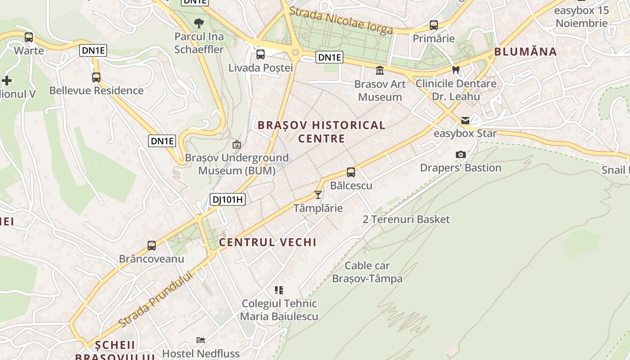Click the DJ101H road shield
[x=228, y=199]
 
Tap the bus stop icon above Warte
[x=29, y=37]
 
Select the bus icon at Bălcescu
[x=351, y=172]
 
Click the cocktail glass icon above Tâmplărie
[x=318, y=195]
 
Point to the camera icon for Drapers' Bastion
[x=460, y=155]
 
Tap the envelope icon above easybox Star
[x=465, y=121]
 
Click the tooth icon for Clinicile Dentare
[x=456, y=70]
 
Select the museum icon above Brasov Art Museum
[x=379, y=71]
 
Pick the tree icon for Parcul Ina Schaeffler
[x=198, y=23]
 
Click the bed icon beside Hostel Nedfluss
[x=201, y=340]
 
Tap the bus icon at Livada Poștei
[x=261, y=55]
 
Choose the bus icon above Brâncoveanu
[x=152, y=246]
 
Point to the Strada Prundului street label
[x=156, y=299]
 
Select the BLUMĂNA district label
[x=526, y=51]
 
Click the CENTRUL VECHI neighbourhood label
[x=268, y=242]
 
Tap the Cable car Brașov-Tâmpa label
[x=367, y=272]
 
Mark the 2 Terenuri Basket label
[x=406, y=219]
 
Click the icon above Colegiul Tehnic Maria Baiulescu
[x=279, y=290]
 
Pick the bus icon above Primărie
[x=434, y=25]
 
